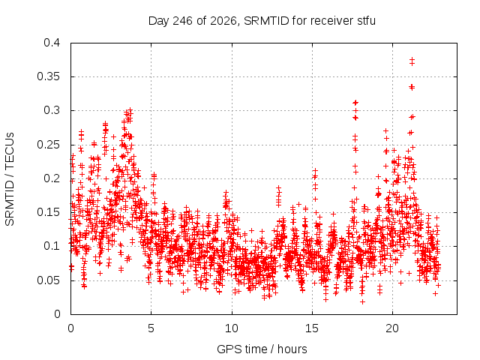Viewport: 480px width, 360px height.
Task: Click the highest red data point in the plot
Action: point(412,59)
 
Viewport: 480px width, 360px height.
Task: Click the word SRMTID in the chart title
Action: point(266,21)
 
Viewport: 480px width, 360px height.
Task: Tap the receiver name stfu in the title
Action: point(366,21)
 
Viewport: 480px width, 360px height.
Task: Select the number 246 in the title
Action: point(182,21)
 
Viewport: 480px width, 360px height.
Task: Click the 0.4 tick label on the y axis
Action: point(52,43)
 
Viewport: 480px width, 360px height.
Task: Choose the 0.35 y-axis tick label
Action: point(48,76)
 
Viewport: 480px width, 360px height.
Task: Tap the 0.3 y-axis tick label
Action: point(52,110)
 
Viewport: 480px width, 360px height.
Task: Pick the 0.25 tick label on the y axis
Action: point(48,145)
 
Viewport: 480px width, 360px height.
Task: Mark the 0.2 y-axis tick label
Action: point(52,178)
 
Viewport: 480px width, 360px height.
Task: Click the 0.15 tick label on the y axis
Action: point(48,212)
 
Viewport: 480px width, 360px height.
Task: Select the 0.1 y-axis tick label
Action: point(52,246)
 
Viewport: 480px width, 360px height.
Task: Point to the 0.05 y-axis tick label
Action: point(48,280)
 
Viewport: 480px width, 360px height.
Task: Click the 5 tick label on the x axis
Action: point(151,328)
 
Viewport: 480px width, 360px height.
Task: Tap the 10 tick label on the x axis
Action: point(232,328)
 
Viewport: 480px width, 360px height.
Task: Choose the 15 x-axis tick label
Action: point(312,328)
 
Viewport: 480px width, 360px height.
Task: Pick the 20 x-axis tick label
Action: point(392,328)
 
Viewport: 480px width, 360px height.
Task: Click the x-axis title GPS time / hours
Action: point(262,349)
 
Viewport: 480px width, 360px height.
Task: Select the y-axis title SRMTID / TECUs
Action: point(10,179)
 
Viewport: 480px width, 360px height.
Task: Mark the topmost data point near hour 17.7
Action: point(355,103)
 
